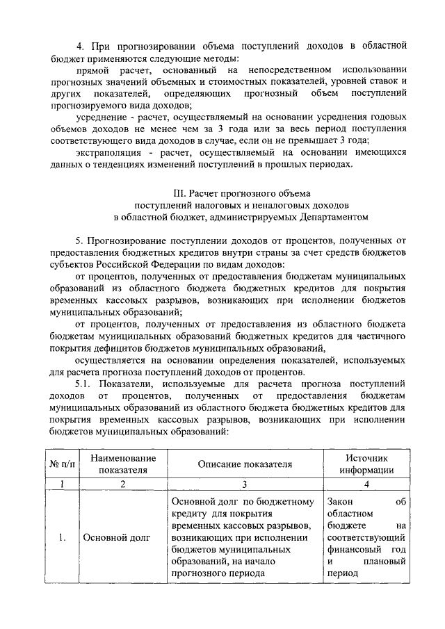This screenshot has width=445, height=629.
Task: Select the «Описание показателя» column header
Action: point(244,464)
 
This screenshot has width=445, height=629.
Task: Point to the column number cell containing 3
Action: point(244,484)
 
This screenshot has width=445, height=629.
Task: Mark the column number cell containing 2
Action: point(122,484)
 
